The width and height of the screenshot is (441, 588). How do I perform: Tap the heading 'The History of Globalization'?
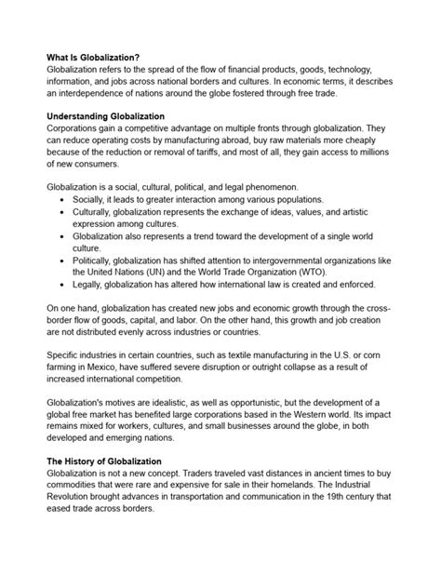pos(111,461)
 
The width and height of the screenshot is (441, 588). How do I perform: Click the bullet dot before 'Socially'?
pos(62,200)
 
